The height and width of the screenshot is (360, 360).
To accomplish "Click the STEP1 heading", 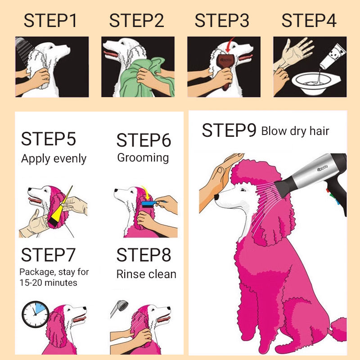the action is pos(50,21).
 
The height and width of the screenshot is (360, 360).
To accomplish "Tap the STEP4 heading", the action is pos(309,21).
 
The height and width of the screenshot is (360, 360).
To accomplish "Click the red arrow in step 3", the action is pos(230,45).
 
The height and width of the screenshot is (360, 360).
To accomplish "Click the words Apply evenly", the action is pos(54,159).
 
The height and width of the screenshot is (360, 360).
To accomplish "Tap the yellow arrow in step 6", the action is pos(146,193).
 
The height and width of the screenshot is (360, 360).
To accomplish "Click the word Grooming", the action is pos(143,158).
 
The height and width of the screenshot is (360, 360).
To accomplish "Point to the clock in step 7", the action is pos(36,314).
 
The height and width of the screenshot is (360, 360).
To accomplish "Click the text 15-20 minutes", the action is pos(48,283).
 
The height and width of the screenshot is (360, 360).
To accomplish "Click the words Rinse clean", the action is pos(146,274).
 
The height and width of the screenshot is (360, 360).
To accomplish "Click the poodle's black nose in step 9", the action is pos(216,197).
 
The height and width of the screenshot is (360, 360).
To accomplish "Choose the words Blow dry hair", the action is pos(295,131).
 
